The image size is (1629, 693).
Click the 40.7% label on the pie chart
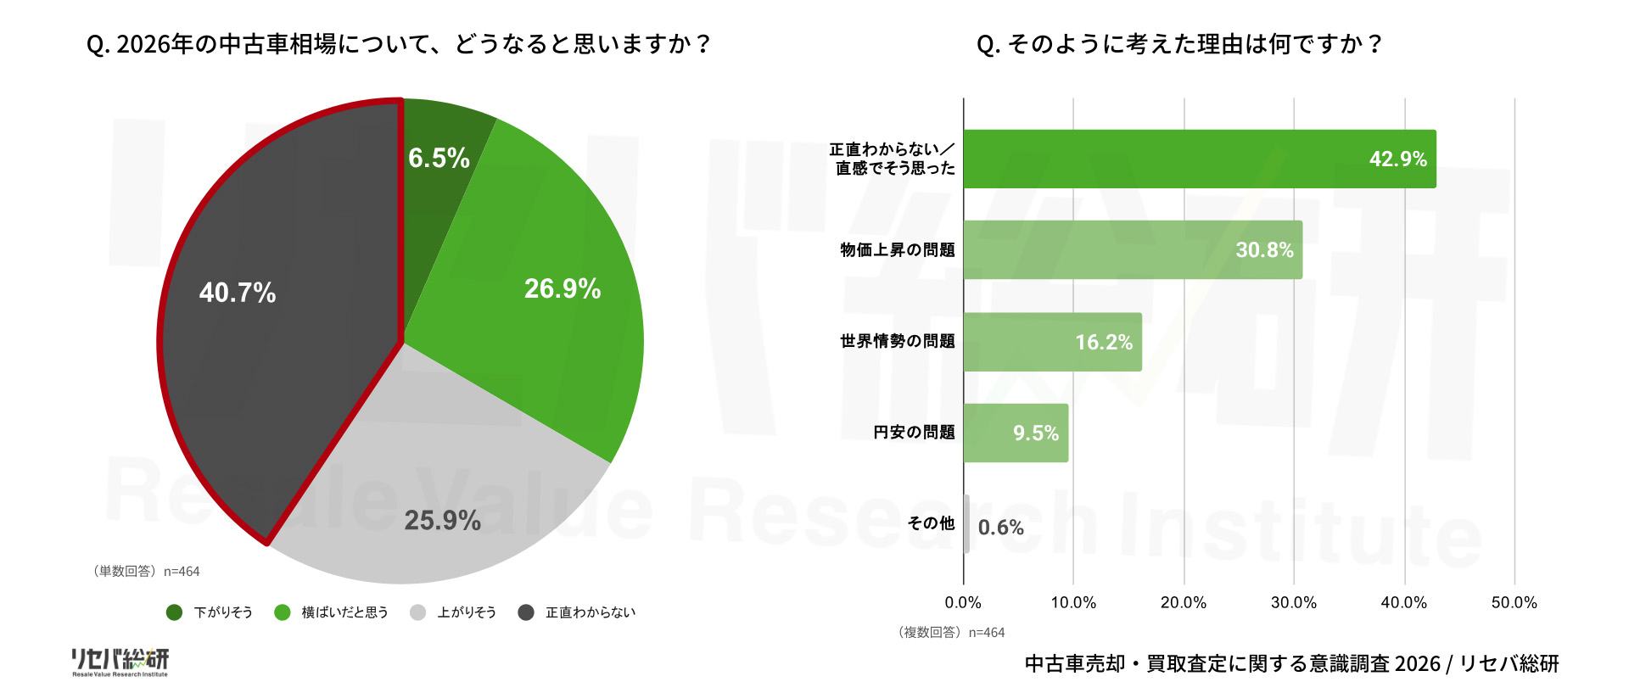pos(238,293)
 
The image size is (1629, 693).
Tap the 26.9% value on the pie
pos(563,289)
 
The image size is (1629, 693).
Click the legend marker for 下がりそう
pos(175,612)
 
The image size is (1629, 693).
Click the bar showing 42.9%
pos(1199,159)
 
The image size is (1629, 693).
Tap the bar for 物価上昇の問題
pos(1132,249)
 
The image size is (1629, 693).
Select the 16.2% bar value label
pos(1104,342)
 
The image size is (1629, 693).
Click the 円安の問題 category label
pos(914,433)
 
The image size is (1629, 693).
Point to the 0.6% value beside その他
pos(1000,528)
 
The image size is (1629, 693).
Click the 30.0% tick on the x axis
pos(1294,602)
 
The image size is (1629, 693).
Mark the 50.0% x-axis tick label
pos(1514,602)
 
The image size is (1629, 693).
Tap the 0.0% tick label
pos(963,602)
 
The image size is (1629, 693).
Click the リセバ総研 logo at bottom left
pos(120,662)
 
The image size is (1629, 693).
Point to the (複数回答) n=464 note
pos(950,633)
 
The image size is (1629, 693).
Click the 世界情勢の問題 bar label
pos(898,341)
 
